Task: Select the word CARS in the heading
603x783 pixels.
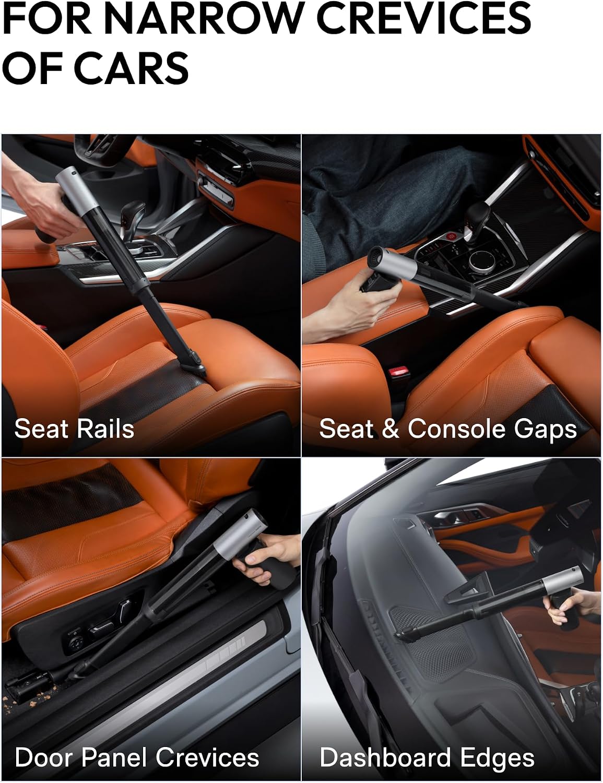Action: point(133,67)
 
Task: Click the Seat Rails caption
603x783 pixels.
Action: point(74,429)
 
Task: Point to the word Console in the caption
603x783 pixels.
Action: point(457,429)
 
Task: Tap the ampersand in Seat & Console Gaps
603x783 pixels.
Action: point(391,429)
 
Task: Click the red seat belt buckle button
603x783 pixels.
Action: point(399,372)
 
